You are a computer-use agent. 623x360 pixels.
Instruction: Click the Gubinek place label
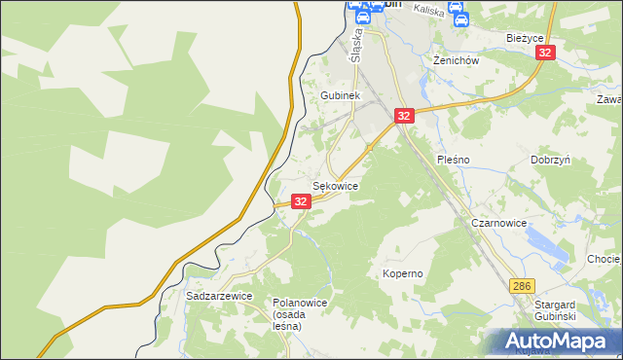tap(341, 95)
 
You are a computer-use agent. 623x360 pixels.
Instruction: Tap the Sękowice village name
tap(335, 185)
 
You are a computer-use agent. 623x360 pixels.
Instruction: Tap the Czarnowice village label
tap(498, 223)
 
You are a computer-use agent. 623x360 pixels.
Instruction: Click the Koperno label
tap(403, 273)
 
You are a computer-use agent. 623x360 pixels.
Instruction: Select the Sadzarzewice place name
tap(219, 295)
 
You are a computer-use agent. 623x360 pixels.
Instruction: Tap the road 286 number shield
tap(523, 285)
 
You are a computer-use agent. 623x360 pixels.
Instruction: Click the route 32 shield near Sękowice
tap(301, 201)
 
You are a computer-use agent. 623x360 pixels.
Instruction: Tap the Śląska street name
tap(355, 44)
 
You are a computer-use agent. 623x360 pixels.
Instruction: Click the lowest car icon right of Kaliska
tap(460, 17)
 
